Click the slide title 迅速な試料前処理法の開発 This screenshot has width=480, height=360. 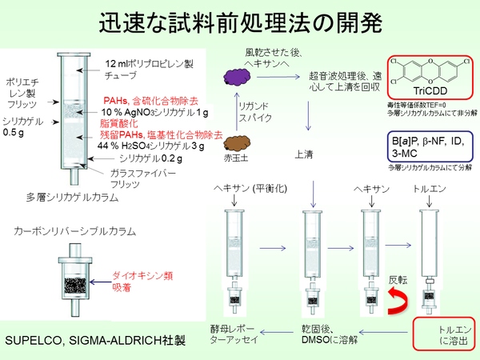coord(240,22)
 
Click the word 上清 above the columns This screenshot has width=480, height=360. coord(304,154)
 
